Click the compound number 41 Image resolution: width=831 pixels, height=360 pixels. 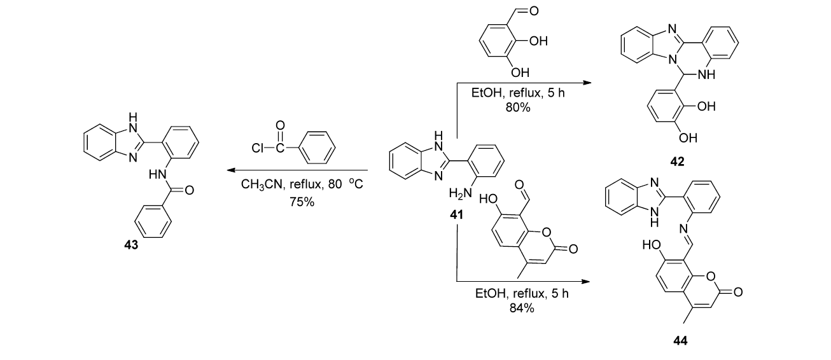(x=457, y=216)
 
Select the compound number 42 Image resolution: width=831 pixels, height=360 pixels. (x=677, y=162)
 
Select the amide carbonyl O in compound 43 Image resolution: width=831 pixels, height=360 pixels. (x=189, y=190)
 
